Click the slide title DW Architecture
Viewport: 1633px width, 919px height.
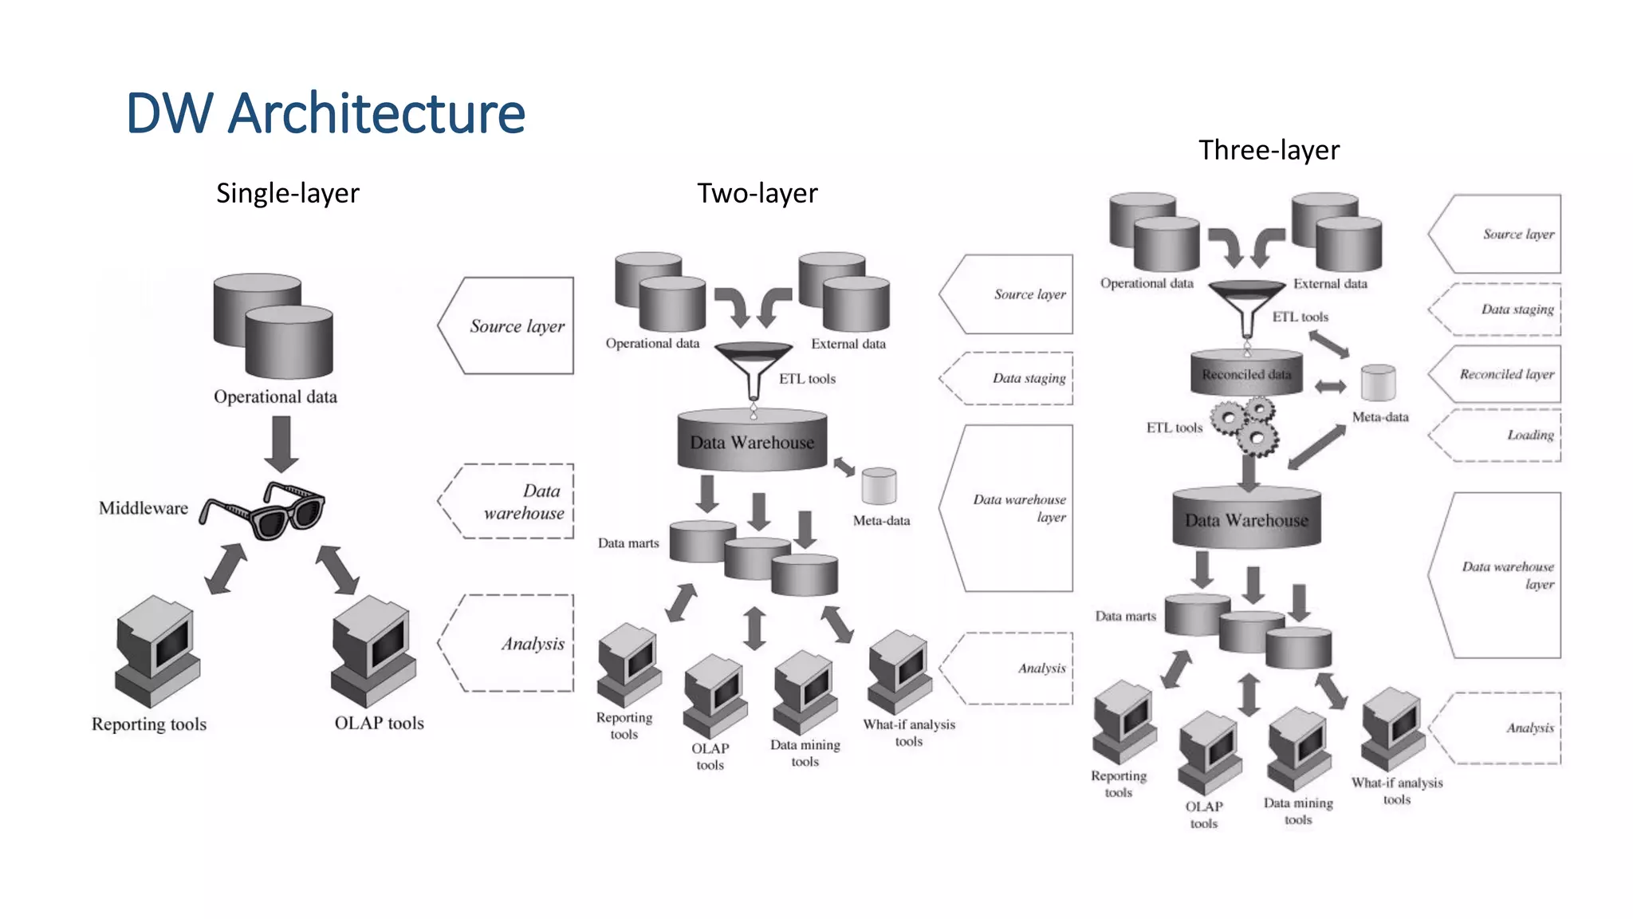[325, 113]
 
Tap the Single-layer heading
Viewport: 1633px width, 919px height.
[288, 193]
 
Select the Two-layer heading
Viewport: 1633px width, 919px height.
[757, 193]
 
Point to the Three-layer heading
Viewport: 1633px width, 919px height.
[1269, 150]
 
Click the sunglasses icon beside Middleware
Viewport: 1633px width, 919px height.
[263, 511]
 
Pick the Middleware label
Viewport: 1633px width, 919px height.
[144, 508]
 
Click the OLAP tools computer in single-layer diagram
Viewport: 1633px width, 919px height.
[373, 650]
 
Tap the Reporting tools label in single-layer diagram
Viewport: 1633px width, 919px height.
[149, 724]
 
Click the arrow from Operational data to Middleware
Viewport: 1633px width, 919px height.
[281, 444]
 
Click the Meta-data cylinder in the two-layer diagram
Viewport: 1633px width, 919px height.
[879, 486]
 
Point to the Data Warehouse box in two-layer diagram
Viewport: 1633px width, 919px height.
[753, 440]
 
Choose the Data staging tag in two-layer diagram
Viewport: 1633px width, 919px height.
[1006, 378]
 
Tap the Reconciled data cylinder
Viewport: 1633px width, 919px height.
[1246, 373]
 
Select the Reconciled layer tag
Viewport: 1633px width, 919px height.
[1494, 374]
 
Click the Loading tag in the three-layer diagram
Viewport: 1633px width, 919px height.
[1494, 435]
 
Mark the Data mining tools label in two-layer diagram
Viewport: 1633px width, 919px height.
[805, 753]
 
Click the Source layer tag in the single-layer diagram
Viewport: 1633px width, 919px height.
[506, 325]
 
